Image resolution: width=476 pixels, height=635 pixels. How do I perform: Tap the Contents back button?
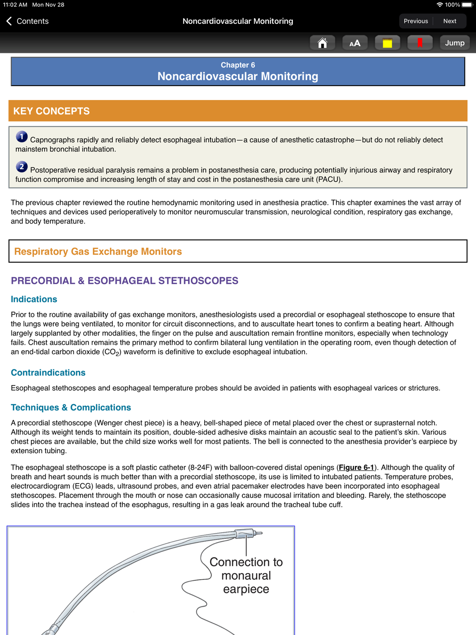28,21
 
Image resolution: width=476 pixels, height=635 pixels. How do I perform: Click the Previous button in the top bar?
416,21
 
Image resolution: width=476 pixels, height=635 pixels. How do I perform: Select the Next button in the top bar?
449,21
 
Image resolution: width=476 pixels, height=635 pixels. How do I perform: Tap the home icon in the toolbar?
322,43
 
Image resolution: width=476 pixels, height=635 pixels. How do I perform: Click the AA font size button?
355,43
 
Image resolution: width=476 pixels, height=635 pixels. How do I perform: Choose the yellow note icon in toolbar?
387,43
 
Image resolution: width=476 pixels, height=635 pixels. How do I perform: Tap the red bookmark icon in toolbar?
420,43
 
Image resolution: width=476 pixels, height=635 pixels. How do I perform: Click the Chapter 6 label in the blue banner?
238,65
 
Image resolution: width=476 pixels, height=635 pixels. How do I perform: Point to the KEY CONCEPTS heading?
51,111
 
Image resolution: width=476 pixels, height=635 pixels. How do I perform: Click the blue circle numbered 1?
21,137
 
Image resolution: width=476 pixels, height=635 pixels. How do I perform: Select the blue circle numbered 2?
21,167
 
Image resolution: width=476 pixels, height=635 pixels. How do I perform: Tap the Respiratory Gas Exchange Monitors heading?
98,251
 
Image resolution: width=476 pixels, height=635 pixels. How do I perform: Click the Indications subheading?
34,299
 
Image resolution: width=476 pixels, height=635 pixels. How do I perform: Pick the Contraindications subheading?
48,372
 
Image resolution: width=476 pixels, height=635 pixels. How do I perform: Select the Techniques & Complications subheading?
71,407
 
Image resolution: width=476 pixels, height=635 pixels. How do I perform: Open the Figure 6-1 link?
356,467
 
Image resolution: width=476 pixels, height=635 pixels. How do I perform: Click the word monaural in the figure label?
246,575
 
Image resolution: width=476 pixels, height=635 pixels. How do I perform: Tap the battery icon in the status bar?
467,5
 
